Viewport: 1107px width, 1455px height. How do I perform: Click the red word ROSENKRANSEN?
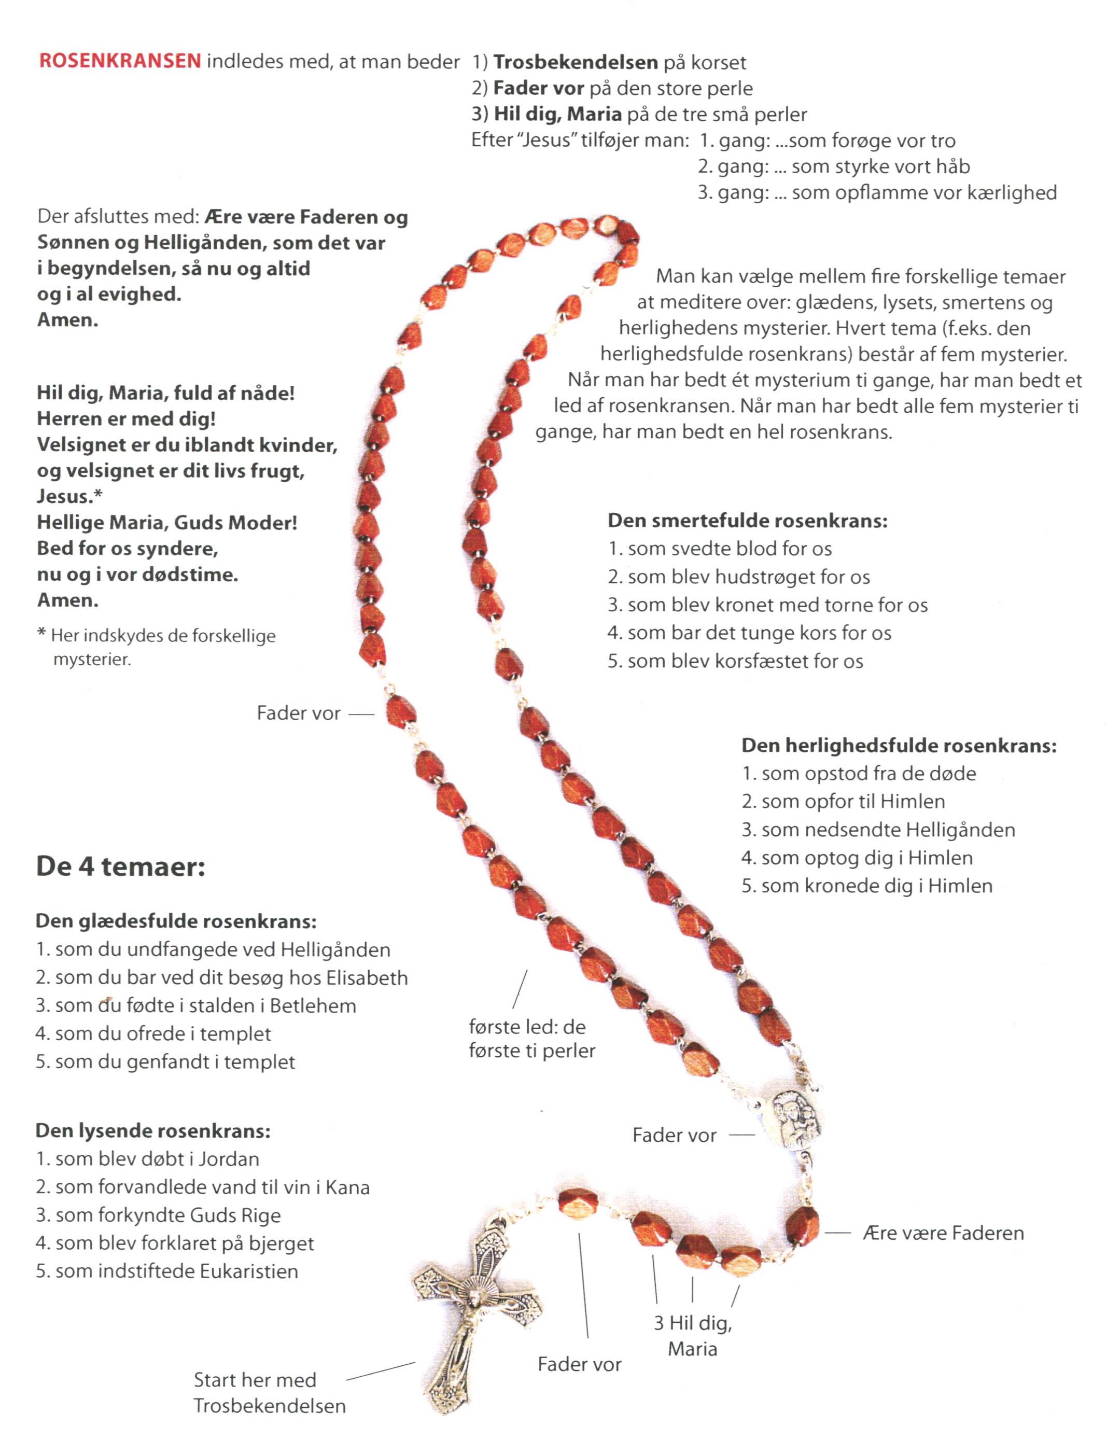coord(120,61)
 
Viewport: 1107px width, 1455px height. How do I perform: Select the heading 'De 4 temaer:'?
coord(121,866)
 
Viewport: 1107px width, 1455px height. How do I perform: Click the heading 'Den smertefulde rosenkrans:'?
coord(747,521)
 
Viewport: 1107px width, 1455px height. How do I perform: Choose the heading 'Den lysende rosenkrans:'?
coord(153,1131)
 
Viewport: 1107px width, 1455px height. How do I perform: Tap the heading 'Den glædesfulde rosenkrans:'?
coord(176,921)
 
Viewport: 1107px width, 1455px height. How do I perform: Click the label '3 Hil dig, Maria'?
coord(693,1336)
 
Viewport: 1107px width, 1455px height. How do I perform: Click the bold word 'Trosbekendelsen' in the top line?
coord(575,63)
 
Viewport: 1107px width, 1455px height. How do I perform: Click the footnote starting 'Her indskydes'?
coord(157,647)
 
